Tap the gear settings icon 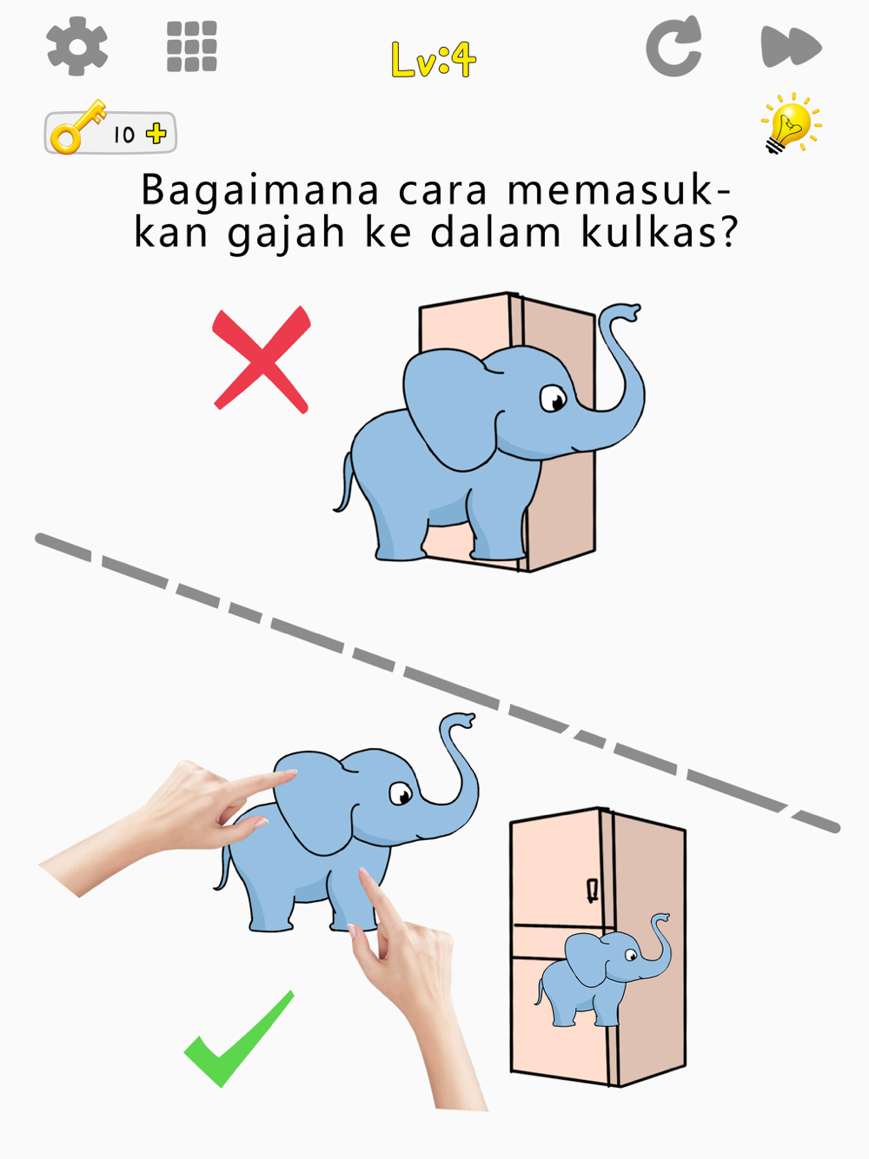(77, 46)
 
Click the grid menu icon (192, 46)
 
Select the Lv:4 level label (434, 60)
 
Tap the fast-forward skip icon (791, 46)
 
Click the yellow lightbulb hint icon (790, 123)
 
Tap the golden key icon (78, 127)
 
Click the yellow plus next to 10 (156, 134)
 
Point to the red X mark (262, 359)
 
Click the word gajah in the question (286, 234)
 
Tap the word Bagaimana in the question (260, 191)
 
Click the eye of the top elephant (553, 399)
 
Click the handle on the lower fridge (593, 891)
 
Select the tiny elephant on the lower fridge (603, 970)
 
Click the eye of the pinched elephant (401, 793)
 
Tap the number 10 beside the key (124, 136)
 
